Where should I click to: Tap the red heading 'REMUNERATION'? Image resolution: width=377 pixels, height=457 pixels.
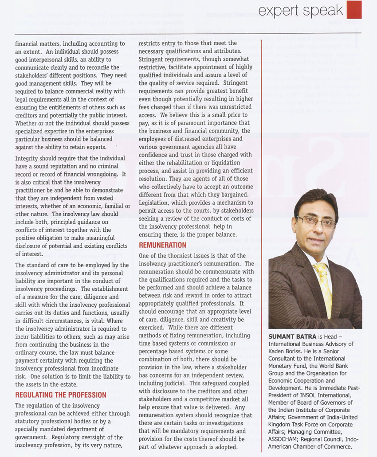[163, 245]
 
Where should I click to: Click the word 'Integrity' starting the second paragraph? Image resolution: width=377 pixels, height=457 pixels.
[27, 158]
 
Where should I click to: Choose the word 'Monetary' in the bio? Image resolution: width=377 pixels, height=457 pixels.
[283, 366]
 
